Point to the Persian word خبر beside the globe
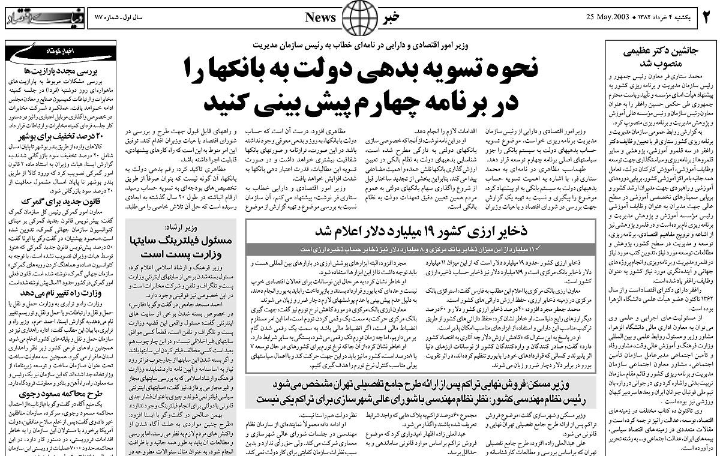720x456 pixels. (x=398, y=17)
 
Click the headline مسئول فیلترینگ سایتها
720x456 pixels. (x=188, y=241)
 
